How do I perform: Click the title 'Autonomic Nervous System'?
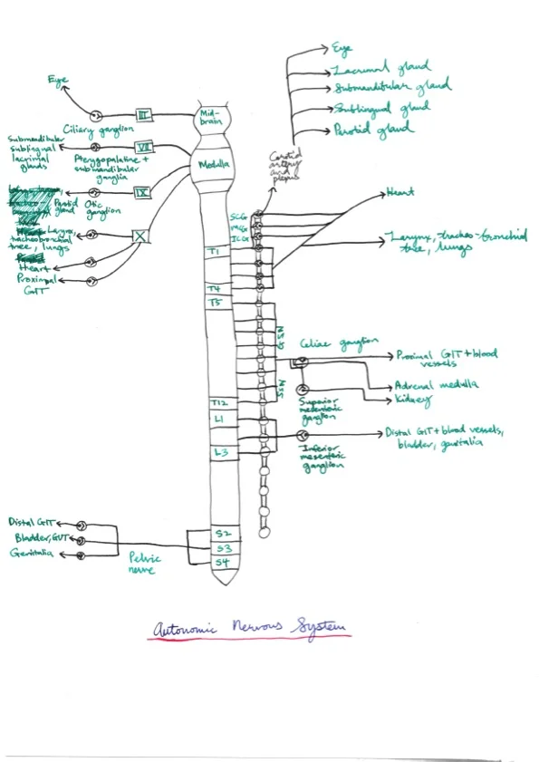click(249, 628)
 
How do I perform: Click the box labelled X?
click(140, 236)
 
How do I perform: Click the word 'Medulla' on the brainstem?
click(216, 164)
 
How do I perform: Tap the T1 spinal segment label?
click(215, 251)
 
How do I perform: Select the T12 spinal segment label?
click(217, 402)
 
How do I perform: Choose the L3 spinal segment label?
click(218, 451)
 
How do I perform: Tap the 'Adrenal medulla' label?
click(431, 384)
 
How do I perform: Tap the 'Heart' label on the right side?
click(399, 193)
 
